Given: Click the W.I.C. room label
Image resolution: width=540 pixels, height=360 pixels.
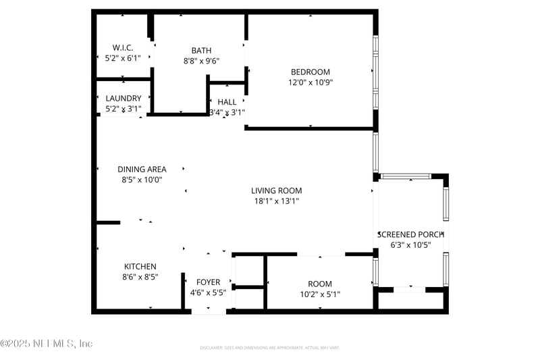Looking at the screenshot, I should click(x=123, y=47).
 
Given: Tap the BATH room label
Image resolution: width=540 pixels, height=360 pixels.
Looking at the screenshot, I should click(x=201, y=50).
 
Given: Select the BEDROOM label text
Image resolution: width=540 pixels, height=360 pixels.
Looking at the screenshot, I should click(x=310, y=72).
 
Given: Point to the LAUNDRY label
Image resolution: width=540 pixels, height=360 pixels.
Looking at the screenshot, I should click(x=124, y=98).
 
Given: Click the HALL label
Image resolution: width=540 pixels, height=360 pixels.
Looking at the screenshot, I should click(x=227, y=102).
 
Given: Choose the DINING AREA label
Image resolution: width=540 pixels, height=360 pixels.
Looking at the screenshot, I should click(x=142, y=169).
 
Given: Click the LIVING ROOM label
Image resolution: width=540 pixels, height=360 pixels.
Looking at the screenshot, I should click(x=277, y=190).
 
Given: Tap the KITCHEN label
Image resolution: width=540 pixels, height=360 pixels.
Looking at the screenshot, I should click(x=140, y=266).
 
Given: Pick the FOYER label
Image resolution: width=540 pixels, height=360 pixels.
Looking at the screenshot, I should click(x=208, y=282).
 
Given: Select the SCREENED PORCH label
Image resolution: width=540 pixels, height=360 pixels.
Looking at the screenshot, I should click(x=411, y=234).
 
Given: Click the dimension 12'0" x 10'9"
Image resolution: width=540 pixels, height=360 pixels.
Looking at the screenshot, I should click(x=310, y=82).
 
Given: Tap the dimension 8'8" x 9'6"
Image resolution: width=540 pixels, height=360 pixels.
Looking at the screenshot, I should click(x=201, y=60).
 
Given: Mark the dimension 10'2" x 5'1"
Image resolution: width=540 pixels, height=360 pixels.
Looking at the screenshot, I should click(x=320, y=294).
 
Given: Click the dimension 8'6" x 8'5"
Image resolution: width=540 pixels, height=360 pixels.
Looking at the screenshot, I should click(x=140, y=276).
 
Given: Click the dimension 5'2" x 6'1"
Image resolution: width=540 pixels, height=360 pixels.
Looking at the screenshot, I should click(x=123, y=58).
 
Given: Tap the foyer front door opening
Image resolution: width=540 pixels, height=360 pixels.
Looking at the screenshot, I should click(x=209, y=311).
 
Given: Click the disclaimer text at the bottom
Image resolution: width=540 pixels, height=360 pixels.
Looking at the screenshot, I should click(x=269, y=347).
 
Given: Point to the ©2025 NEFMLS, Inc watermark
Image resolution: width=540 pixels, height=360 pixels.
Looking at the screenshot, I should click(x=47, y=343).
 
